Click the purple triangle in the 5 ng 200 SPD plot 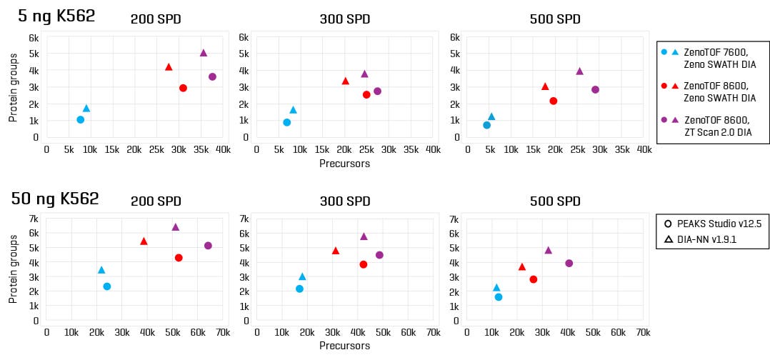tap(204, 53)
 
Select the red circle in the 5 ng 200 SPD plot tap(183, 88)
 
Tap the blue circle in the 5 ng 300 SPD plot tap(286, 122)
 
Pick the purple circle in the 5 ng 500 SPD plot tap(595, 89)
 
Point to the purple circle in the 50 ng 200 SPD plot tap(208, 246)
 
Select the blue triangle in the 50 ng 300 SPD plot tap(302, 276)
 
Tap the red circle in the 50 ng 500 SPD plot tap(533, 279)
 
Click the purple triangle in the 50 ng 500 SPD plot tap(549, 250)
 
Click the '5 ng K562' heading tap(56, 16)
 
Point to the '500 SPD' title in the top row tap(554, 19)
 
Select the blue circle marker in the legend tap(665, 52)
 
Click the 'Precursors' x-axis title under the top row tap(346, 163)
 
